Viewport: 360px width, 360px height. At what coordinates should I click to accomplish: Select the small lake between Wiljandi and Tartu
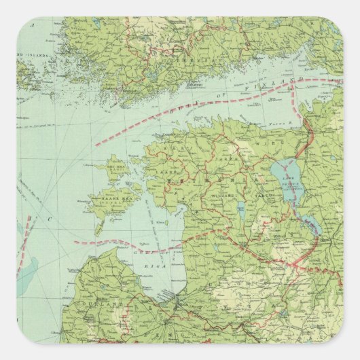point(241,211)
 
